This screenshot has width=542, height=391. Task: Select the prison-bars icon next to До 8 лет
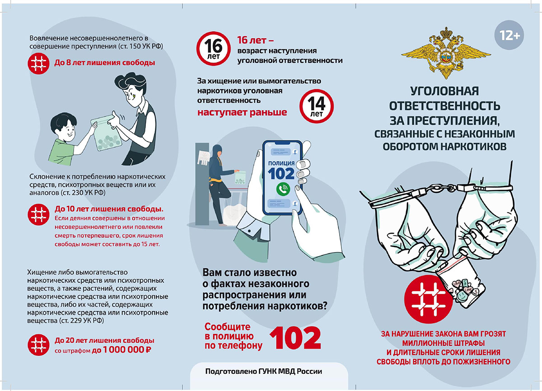[39, 63]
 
